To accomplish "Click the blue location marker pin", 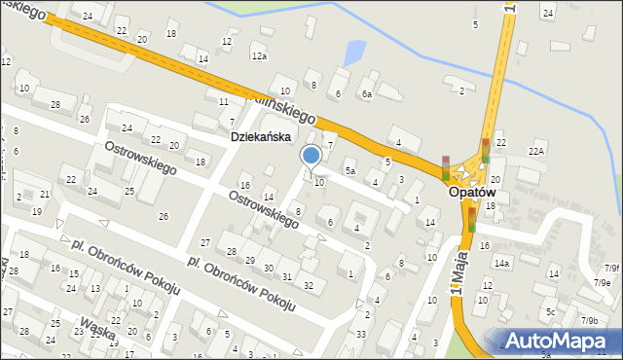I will (311, 156).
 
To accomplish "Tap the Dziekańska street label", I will (261, 137).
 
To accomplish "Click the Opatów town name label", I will (473, 193).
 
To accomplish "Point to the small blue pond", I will (354, 51).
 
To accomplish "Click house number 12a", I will (258, 56).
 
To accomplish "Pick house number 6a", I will (366, 94).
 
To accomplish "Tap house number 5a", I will (349, 171).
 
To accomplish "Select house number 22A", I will (536, 151).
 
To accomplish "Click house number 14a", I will (501, 263).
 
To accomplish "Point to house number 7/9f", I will (610, 268).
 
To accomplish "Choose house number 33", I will (361, 335).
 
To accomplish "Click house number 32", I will (308, 285).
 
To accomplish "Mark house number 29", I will (250, 261).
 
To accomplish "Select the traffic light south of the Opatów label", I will (472, 219).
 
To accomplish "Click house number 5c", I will (550, 312).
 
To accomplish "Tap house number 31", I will (287, 276).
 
